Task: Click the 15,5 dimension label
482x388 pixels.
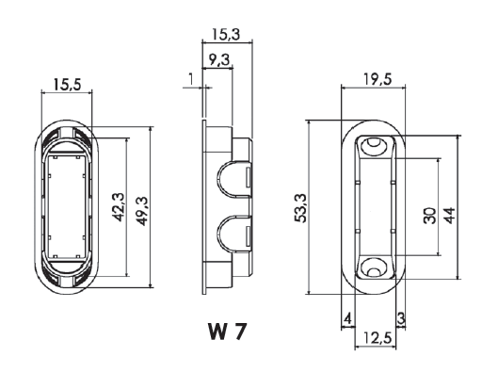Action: [67, 85]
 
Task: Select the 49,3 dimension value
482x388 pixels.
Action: [143, 211]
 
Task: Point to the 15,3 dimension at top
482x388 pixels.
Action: [226, 34]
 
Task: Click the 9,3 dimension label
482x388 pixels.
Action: [219, 59]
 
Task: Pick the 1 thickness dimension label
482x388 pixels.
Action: [190, 79]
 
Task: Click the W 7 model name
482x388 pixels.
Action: [228, 331]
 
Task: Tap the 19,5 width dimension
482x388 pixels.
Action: [378, 79]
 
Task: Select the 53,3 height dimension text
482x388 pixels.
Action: [300, 208]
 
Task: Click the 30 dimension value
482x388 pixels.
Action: [430, 216]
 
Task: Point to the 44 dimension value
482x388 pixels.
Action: [450, 216]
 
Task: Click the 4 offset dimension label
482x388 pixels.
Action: [347, 318]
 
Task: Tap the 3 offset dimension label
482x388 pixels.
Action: [401, 318]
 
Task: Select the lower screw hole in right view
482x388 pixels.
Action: [374, 269]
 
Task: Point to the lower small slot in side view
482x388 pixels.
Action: [249, 235]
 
